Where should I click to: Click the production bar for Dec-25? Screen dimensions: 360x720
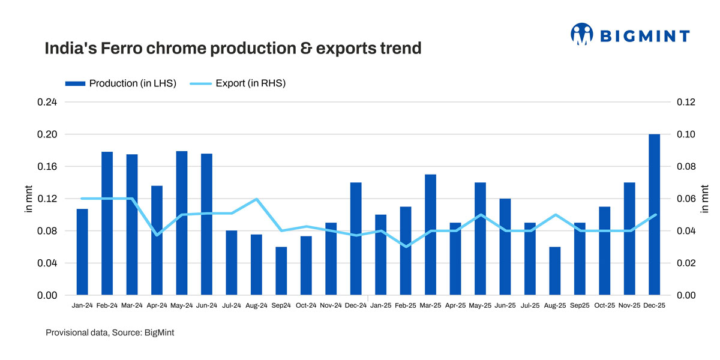point(654,215)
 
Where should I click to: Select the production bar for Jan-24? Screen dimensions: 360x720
point(82,252)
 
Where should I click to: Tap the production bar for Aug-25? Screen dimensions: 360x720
point(555,271)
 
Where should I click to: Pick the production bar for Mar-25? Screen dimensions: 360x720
point(430,235)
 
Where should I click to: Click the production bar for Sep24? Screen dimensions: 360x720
point(281,271)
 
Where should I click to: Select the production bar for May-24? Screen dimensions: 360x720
point(182,223)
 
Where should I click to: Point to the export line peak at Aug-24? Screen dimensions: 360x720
point(256,199)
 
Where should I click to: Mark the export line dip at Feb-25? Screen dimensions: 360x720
point(406,247)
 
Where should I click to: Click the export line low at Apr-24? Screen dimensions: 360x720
point(157,235)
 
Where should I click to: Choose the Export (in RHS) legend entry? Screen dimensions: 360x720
point(238,83)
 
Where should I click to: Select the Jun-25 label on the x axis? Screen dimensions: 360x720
point(505,305)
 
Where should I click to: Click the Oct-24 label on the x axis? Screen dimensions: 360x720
point(306,305)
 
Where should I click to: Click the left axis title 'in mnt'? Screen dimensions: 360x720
point(28,199)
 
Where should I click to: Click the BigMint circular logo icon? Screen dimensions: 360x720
point(581,34)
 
